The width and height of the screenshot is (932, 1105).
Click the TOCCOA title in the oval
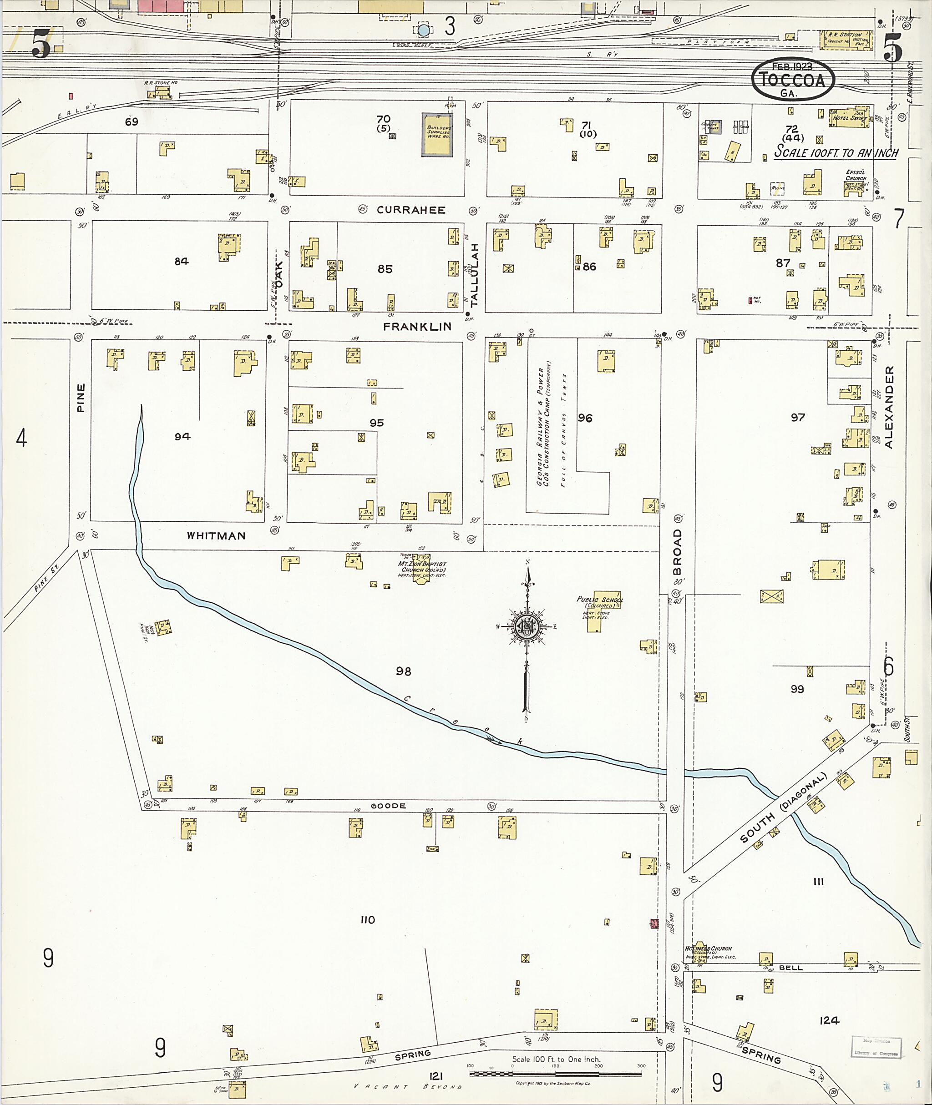(792, 79)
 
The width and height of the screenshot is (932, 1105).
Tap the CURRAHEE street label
(410, 210)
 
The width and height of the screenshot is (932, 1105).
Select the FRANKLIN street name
(417, 327)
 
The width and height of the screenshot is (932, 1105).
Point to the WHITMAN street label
(216, 535)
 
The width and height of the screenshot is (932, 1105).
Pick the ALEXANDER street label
(889, 407)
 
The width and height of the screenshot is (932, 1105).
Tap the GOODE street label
(388, 806)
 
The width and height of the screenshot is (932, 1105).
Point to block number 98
(403, 671)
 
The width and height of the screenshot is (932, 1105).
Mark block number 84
(181, 261)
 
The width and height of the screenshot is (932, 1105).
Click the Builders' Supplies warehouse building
(437, 134)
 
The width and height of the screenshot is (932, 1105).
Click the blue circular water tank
(423, 30)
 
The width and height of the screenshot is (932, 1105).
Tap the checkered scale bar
(555, 1073)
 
